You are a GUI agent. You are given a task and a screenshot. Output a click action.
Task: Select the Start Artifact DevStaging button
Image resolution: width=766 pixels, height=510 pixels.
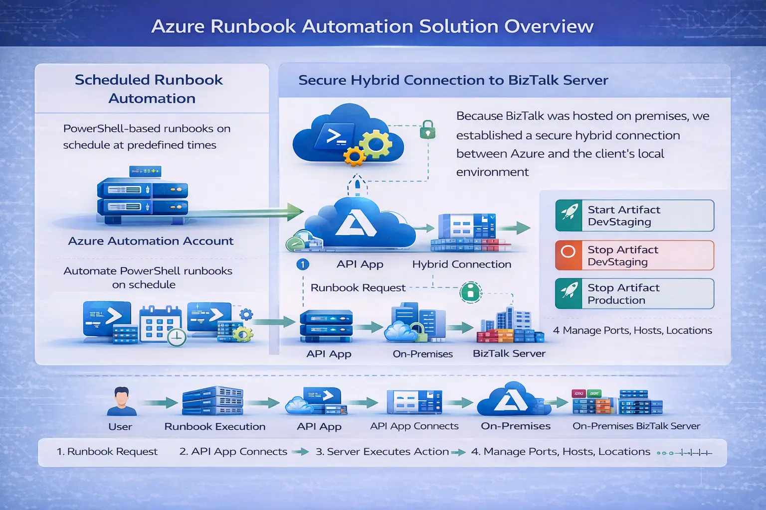coord(634,216)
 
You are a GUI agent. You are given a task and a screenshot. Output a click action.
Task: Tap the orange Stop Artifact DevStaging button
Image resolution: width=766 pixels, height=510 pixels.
coord(634,255)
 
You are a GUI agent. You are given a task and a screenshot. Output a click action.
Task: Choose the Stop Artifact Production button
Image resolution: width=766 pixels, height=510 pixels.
coord(634,294)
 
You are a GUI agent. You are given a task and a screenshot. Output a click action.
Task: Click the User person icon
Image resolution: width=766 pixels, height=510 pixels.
coord(121,401)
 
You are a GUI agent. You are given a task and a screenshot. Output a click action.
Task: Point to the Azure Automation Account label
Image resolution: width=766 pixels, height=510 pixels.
coord(151,241)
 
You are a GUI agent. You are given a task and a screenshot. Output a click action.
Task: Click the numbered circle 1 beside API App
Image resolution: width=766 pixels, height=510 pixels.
coord(302,264)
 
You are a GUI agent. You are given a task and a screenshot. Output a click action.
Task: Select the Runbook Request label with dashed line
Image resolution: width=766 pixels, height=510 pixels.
coord(358,288)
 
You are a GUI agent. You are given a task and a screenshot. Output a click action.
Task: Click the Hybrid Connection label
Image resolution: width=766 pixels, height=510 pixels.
coord(461,264)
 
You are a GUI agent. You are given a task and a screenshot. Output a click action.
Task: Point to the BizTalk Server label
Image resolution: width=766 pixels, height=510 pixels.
coord(509,354)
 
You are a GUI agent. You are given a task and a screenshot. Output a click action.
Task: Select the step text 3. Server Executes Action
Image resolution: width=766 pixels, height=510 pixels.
coord(382,452)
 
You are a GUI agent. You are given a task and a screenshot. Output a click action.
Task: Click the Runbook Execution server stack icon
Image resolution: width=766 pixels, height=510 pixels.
coord(213,401)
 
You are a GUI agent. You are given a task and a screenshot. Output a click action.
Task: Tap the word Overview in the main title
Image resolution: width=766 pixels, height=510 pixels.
coord(549,26)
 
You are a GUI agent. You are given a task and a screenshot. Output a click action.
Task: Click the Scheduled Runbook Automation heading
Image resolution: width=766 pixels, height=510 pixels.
coord(150,89)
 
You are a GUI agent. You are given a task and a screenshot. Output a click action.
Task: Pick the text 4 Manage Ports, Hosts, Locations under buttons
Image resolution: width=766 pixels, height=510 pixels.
coord(632,331)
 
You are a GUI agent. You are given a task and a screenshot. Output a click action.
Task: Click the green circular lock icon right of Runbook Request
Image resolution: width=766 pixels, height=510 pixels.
coord(470,292)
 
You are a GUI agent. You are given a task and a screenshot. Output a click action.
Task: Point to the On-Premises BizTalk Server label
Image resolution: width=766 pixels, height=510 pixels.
coord(636,426)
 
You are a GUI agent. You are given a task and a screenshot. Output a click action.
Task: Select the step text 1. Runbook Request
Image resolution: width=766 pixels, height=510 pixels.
coord(107,452)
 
